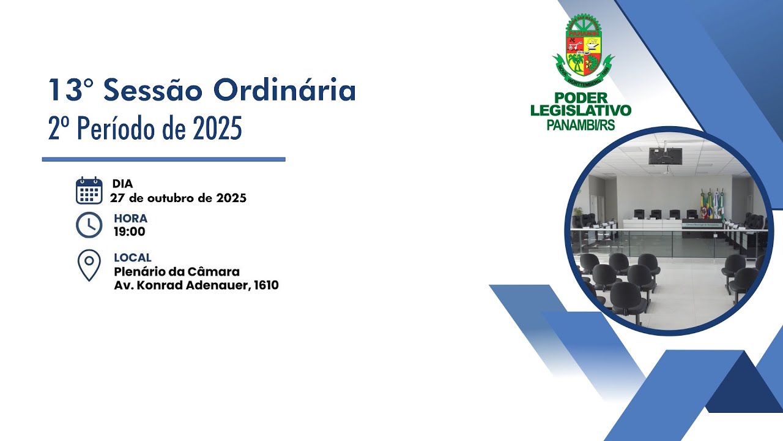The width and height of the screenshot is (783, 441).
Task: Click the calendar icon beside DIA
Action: click(x=89, y=190)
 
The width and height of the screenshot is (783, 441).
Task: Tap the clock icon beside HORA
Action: click(x=89, y=225)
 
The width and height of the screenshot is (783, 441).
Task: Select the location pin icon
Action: click(x=89, y=265)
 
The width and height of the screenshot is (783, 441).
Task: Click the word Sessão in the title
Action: click(x=153, y=91)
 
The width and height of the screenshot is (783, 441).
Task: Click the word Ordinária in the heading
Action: click(x=284, y=91)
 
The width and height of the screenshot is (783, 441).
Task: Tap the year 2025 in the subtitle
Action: click(x=217, y=129)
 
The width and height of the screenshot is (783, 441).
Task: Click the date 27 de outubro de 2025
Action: click(x=178, y=198)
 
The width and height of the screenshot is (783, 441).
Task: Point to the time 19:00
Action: click(x=129, y=232)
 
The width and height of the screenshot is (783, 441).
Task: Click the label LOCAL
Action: click(x=132, y=258)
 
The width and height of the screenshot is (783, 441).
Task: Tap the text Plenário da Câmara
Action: click(x=177, y=271)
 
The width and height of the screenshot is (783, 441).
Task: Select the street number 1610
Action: click(x=265, y=285)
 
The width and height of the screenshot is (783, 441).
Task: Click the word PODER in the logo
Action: click(x=581, y=98)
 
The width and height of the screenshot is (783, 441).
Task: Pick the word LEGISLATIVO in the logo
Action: click(x=581, y=111)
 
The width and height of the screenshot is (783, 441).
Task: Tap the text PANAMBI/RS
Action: click(x=581, y=125)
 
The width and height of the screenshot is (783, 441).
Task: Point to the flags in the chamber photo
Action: click(x=712, y=204)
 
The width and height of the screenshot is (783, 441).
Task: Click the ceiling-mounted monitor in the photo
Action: click(x=666, y=156)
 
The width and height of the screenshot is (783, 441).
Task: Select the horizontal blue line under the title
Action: click(x=163, y=159)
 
